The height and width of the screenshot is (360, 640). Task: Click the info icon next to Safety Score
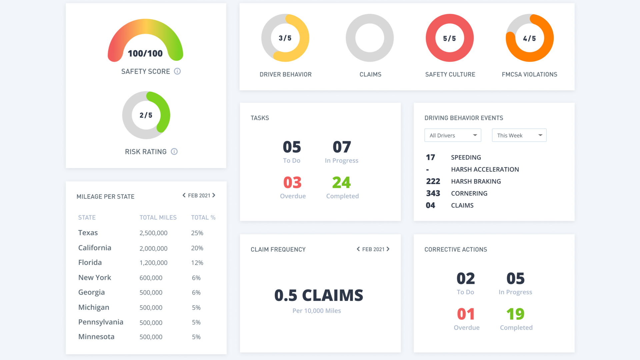click(x=177, y=71)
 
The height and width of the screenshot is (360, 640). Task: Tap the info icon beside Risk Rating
click(x=174, y=152)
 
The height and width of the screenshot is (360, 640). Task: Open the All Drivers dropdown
click(x=453, y=135)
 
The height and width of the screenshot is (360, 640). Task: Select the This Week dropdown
click(x=519, y=135)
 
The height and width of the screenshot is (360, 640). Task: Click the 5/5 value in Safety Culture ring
click(x=449, y=39)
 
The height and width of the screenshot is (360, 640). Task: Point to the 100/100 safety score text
click(x=145, y=54)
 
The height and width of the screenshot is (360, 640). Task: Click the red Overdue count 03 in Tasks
click(x=292, y=183)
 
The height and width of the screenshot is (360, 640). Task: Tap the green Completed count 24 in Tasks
click(x=341, y=183)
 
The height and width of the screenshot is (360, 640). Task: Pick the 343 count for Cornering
click(x=433, y=193)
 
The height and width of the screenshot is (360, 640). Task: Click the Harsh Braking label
click(x=476, y=181)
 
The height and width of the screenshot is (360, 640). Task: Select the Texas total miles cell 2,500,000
click(x=153, y=233)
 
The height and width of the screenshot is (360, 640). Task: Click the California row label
click(x=95, y=248)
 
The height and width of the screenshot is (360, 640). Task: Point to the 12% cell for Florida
click(x=197, y=263)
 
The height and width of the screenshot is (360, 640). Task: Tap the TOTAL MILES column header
click(x=158, y=217)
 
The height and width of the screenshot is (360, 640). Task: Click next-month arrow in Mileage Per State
click(x=214, y=195)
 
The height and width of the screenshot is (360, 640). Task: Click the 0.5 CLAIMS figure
click(x=319, y=295)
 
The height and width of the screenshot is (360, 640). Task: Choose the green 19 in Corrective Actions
click(x=515, y=314)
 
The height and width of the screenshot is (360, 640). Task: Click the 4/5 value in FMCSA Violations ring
click(x=529, y=39)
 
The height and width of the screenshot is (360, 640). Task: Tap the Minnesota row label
click(x=96, y=337)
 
